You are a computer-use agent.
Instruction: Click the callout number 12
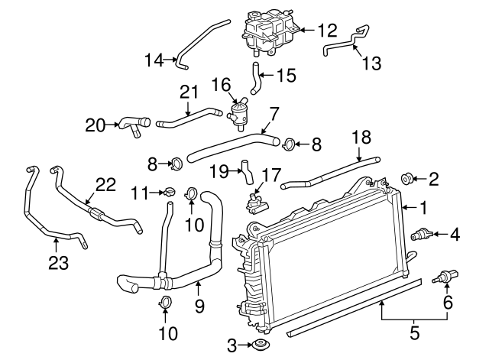click(x=327, y=31)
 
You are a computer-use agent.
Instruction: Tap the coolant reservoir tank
click(x=268, y=34)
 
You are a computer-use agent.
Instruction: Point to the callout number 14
click(x=154, y=58)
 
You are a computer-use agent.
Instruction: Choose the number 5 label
click(x=415, y=332)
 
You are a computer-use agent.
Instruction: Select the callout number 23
click(x=57, y=263)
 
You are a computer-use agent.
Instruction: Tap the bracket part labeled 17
click(x=259, y=202)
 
